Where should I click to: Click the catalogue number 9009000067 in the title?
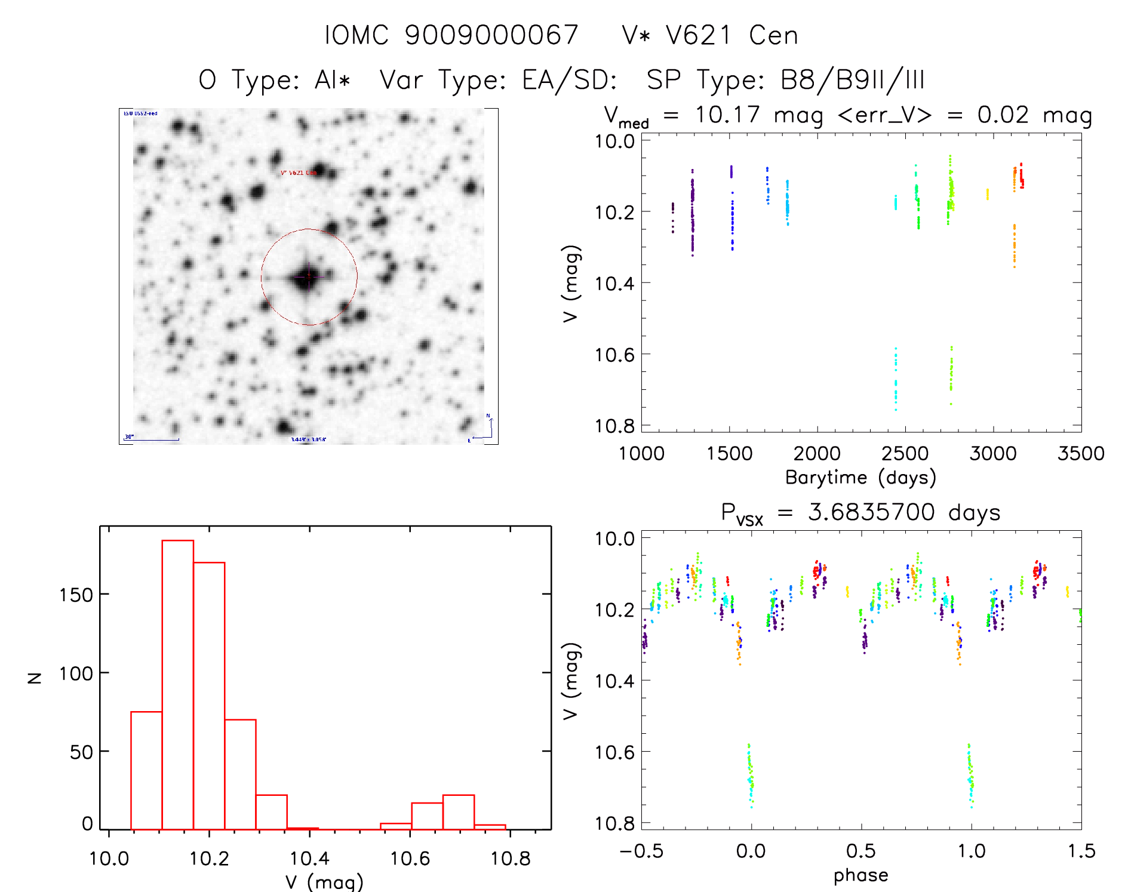(x=491, y=35)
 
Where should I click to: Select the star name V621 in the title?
(x=699, y=35)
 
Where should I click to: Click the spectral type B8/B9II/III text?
(x=853, y=80)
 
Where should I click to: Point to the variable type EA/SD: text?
(x=570, y=80)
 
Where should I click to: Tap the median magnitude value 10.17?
(x=727, y=115)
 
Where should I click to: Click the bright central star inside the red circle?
(x=308, y=277)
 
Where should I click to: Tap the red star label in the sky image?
(x=299, y=173)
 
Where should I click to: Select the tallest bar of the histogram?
(x=178, y=684)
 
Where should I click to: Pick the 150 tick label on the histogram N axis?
(x=76, y=595)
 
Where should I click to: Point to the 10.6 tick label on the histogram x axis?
(x=410, y=859)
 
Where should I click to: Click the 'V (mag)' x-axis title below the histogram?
(x=324, y=882)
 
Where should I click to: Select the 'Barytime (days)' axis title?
(x=860, y=478)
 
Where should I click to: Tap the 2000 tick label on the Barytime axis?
(x=817, y=453)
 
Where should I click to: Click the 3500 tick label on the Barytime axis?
(x=1081, y=453)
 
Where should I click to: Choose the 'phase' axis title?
(x=860, y=875)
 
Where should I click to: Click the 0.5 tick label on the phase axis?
(x=861, y=851)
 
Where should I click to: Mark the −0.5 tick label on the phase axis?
(x=641, y=851)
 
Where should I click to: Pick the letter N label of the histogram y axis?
(x=35, y=678)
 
